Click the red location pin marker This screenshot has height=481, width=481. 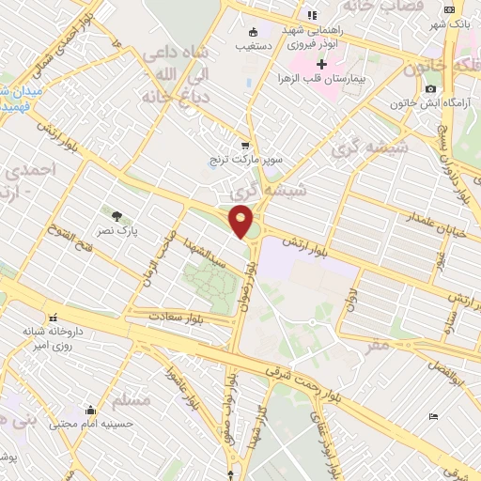point(242,221)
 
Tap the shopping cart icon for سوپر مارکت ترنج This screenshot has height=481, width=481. point(245,146)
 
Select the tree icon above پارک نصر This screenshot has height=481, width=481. point(117,215)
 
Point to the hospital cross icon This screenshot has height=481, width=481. point(323,65)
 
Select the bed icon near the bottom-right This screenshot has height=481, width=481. point(432,416)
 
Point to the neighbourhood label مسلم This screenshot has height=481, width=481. point(131,401)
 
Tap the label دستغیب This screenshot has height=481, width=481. point(255,43)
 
